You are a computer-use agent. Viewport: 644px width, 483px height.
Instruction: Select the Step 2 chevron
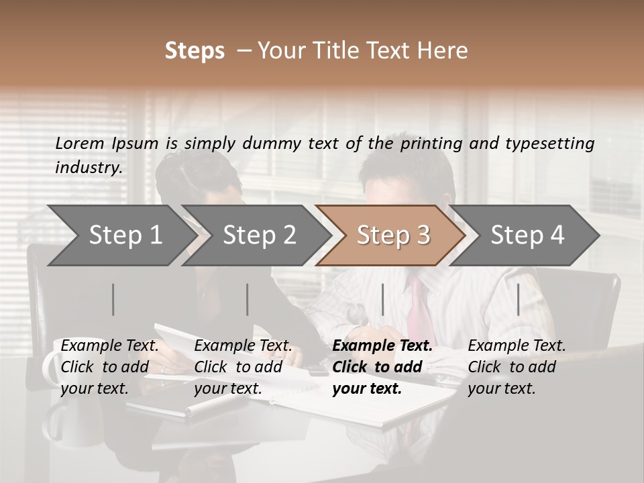click(259, 235)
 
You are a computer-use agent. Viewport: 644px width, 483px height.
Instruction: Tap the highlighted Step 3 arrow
click(393, 235)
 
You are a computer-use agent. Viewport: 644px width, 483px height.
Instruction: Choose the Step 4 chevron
click(527, 235)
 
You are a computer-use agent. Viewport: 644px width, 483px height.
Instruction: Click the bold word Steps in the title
click(195, 51)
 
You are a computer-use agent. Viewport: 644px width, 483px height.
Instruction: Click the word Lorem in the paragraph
click(80, 143)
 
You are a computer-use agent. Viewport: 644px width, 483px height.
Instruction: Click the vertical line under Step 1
click(113, 299)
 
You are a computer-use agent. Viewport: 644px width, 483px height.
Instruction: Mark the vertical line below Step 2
click(248, 299)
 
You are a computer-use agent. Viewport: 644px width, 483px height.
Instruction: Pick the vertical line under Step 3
click(382, 299)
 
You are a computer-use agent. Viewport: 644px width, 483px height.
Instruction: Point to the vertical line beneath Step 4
click(518, 299)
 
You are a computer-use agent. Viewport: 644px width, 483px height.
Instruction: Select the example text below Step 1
click(109, 367)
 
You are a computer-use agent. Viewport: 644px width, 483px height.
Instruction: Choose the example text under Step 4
click(517, 367)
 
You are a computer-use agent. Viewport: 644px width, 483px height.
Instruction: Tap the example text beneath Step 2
click(243, 367)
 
